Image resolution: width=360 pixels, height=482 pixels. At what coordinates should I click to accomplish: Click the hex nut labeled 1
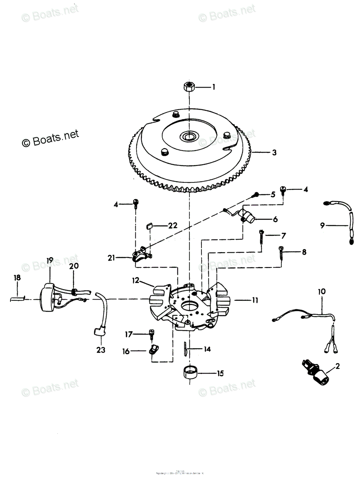(x=189, y=86)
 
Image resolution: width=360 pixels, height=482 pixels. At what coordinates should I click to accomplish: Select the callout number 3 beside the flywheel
(x=274, y=153)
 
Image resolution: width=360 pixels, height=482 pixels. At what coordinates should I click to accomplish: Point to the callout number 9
(x=322, y=226)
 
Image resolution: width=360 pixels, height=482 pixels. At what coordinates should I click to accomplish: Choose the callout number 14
(x=207, y=349)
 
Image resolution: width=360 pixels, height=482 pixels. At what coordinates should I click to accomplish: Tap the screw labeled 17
(x=151, y=334)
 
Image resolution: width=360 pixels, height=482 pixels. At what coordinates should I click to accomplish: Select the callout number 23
(x=101, y=350)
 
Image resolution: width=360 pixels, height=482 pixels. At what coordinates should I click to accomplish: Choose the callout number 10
(x=322, y=290)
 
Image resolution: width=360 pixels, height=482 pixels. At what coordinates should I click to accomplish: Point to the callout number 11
(x=255, y=300)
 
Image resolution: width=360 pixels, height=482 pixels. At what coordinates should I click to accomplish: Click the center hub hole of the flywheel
(x=189, y=137)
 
